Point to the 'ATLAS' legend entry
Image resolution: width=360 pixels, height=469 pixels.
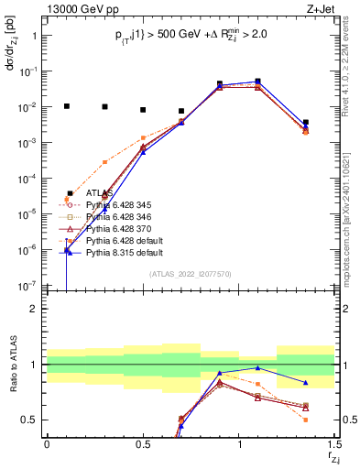(x=100, y=192)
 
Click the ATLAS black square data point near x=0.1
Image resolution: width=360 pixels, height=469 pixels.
(x=66, y=106)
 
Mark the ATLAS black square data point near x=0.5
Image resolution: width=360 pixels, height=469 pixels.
(x=143, y=110)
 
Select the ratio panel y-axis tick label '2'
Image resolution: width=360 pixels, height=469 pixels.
(x=34, y=309)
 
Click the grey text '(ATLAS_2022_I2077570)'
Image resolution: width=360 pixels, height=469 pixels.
(x=191, y=274)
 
